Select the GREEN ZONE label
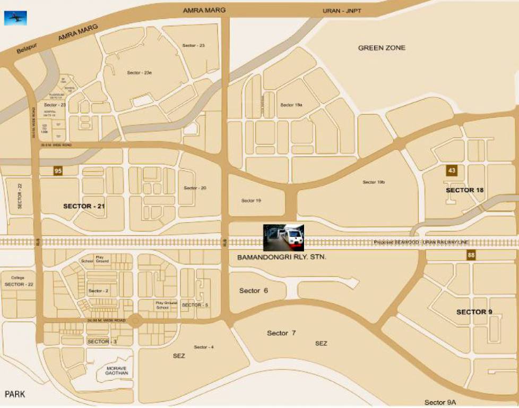(382, 48)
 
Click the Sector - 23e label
(140, 72)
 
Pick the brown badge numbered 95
(58, 171)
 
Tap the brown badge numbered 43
(452, 171)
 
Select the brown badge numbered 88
(471, 256)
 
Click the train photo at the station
(284, 237)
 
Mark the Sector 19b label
(374, 182)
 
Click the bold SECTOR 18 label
(464, 190)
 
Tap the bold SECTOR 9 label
(474, 312)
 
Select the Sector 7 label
(281, 333)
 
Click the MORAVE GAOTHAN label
(116, 370)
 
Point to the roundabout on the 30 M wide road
(134, 321)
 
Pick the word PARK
(15, 394)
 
